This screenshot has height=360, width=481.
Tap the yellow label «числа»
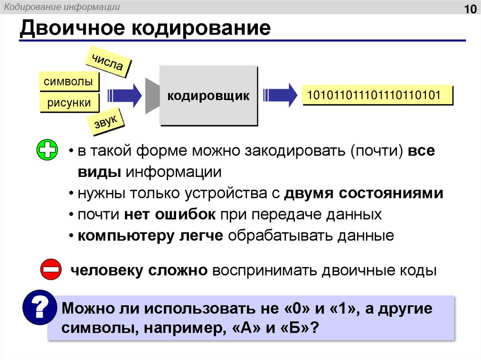[x=108, y=61]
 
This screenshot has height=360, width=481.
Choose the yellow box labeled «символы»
[x=68, y=82]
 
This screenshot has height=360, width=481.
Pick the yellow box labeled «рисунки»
[x=69, y=103]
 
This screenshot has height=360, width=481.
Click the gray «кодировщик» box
[x=209, y=96]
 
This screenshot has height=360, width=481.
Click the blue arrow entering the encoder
[x=125, y=95]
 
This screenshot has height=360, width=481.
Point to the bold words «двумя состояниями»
[x=364, y=193]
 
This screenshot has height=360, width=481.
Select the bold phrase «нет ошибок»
[x=170, y=214]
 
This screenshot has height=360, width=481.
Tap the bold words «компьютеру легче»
[x=150, y=236]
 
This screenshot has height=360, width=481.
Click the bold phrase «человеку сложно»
[x=139, y=271]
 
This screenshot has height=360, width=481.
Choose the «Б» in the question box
[x=296, y=327]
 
